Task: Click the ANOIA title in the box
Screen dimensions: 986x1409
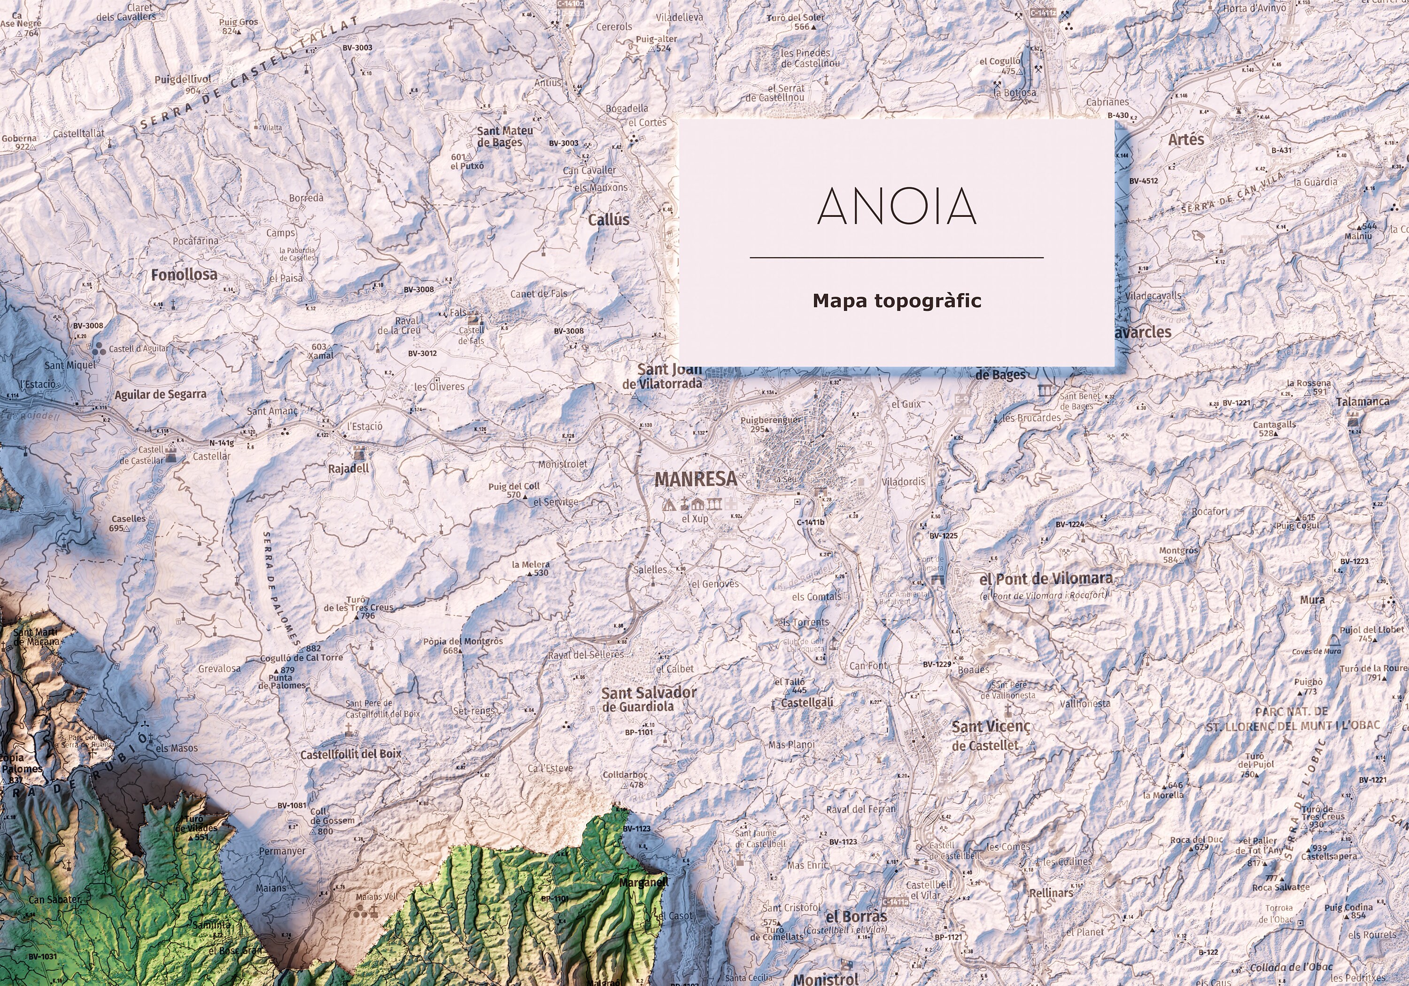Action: click(897, 206)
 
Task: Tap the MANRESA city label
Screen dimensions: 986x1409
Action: click(695, 479)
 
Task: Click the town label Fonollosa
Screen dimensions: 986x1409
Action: click(184, 275)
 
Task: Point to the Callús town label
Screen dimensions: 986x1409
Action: click(609, 220)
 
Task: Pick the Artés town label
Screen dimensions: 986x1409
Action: click(1185, 140)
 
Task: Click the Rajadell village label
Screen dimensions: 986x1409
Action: click(348, 469)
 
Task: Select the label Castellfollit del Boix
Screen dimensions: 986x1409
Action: click(350, 754)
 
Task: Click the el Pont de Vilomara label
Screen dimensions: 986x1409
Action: click(1045, 578)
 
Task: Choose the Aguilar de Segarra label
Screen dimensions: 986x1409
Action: click(161, 394)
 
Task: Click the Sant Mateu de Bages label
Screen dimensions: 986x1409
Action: click(504, 136)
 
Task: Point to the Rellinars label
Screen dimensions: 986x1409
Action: click(1051, 893)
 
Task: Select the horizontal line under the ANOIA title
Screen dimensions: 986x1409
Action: click(897, 258)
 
